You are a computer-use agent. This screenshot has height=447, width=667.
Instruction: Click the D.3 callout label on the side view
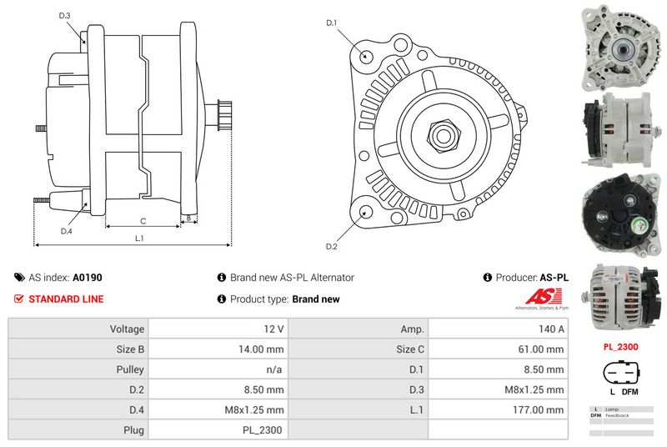pyautogui.click(x=65, y=16)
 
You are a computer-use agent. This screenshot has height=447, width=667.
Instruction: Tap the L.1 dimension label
pyautogui.click(x=140, y=239)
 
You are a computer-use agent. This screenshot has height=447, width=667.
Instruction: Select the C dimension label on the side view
pyautogui.click(x=143, y=220)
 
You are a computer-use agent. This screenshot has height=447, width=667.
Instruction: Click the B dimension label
pyautogui.click(x=189, y=218)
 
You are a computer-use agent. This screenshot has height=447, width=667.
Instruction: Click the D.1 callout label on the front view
pyautogui.click(x=331, y=23)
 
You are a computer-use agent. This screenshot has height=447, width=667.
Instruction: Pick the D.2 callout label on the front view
pyautogui.click(x=331, y=247)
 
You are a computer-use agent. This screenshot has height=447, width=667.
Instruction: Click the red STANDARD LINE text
pyautogui.click(x=66, y=299)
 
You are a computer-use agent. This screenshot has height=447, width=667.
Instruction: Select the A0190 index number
pyautogui.click(x=88, y=278)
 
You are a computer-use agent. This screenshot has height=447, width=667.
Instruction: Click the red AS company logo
pyautogui.click(x=545, y=298)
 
